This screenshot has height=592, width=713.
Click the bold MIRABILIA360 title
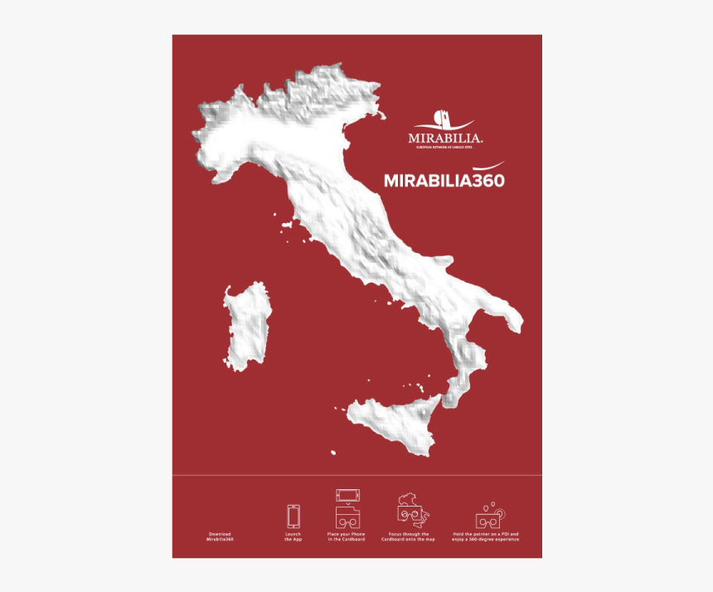pos(444,180)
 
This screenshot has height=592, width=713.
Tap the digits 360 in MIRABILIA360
pos(487,180)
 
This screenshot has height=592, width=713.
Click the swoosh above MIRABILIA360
pos(481,165)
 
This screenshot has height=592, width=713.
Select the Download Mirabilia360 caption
pos(220,536)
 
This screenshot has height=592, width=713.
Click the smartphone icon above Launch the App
pos(293,516)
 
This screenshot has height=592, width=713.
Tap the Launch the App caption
pos(293,536)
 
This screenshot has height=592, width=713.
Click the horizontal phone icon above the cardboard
pos(346,496)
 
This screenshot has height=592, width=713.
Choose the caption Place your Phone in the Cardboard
pos(346,536)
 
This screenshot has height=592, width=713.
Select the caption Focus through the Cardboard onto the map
pos(408,536)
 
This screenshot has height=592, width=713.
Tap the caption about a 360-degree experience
pos(486,536)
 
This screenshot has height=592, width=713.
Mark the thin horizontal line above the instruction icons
pos(356,475)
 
